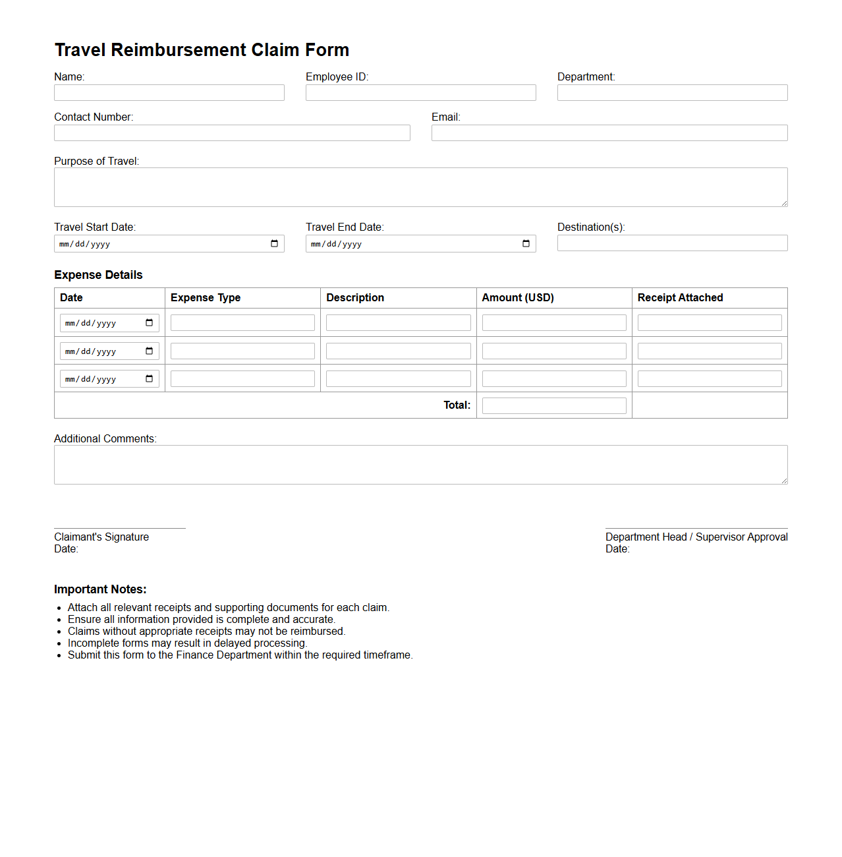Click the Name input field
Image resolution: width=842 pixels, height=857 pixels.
169,93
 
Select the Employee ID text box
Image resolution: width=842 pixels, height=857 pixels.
420,93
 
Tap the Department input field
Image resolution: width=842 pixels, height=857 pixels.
672,93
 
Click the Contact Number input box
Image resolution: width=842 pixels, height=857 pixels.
232,133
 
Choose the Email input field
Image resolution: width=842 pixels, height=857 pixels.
609,133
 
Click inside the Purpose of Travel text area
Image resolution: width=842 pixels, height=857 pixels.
420,187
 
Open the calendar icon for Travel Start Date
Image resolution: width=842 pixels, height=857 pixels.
275,244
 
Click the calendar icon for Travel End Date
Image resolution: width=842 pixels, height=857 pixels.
526,244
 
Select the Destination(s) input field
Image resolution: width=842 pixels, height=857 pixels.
672,243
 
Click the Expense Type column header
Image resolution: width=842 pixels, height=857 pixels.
206,298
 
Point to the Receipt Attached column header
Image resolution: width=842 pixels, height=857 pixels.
680,298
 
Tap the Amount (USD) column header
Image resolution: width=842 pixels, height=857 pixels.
518,298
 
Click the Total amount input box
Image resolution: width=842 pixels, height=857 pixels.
554,406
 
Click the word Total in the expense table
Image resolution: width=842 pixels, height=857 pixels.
457,405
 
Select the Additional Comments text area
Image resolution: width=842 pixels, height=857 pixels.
420,465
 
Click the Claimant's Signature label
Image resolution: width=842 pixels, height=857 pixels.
101,537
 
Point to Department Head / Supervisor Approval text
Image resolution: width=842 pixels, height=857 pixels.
696,537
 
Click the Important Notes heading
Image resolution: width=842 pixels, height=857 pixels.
100,589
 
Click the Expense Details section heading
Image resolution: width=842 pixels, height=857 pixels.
98,275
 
